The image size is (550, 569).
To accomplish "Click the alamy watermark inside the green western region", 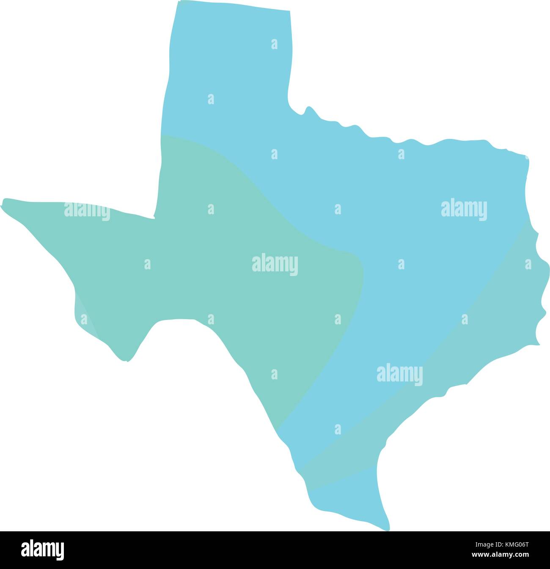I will [x=275, y=265].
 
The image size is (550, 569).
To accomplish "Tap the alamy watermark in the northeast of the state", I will [x=464, y=209].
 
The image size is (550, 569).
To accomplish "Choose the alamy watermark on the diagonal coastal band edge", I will [x=399, y=374].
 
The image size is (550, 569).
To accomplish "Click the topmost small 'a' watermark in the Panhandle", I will [x=275, y=44].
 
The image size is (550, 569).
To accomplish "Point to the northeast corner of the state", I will [x=527, y=157].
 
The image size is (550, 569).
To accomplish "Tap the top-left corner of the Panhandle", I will [x=177, y=3].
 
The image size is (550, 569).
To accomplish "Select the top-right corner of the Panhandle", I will [x=290, y=11].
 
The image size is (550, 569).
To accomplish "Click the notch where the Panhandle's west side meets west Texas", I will [x=154, y=218].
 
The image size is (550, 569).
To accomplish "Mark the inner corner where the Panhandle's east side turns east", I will [x=289, y=102].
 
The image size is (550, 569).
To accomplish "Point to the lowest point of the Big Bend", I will [x=126, y=361].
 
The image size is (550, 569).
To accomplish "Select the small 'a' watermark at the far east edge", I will [x=528, y=264].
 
